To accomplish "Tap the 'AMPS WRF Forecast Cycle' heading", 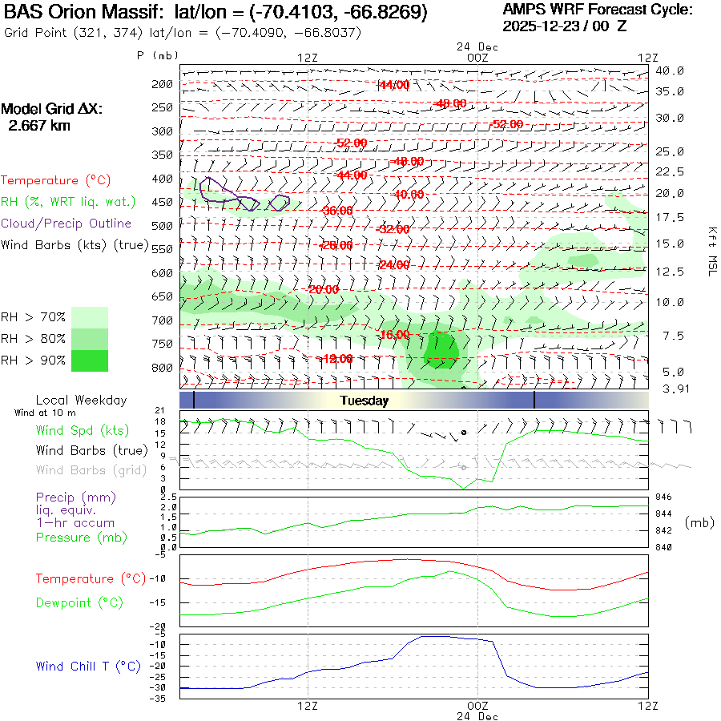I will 597,10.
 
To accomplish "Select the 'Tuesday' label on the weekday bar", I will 364,401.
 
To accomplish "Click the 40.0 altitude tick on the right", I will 670,70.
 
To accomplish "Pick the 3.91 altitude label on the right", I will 670,389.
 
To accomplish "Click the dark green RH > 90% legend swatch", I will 90,360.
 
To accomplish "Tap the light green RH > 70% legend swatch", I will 90,317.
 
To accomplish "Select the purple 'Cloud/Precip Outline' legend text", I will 66,224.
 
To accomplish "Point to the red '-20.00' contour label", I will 324,289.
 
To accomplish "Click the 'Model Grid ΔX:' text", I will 51,109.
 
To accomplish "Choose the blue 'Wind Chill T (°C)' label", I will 88,666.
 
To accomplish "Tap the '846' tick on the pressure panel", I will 664,497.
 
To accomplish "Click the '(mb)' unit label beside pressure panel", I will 699,522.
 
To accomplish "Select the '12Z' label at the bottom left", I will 308,706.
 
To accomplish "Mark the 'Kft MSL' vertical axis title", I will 710,251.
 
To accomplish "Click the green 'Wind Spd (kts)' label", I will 83,431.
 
